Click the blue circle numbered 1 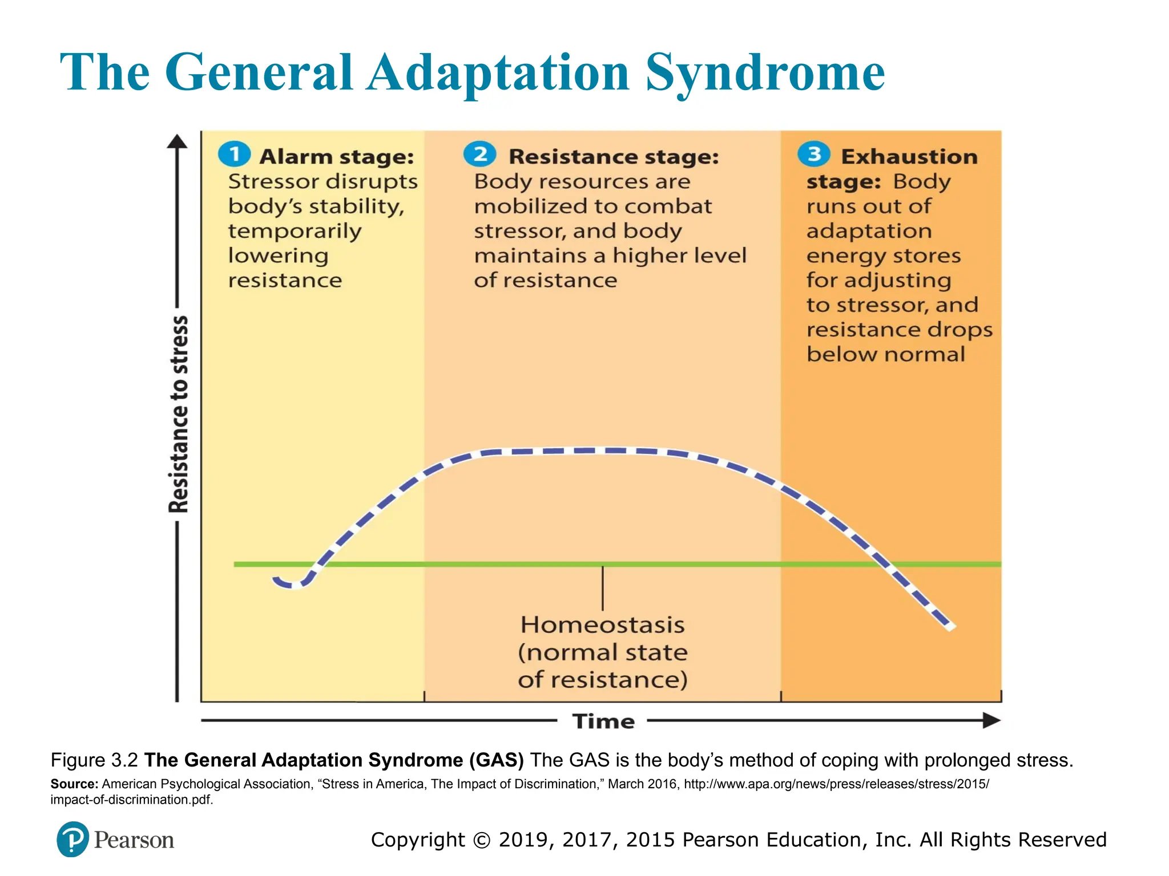[234, 154]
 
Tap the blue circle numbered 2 [479, 154]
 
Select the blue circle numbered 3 [813, 154]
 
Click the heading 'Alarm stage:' [337, 157]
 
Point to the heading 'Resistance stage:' [614, 157]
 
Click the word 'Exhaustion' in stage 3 [909, 157]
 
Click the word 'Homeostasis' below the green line [602, 625]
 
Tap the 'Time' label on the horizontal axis [603, 721]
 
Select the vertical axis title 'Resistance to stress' [179, 415]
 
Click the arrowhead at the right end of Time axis [992, 720]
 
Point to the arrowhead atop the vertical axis [177, 141]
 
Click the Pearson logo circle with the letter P [72, 839]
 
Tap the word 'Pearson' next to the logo [134, 840]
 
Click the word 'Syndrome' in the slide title [765, 73]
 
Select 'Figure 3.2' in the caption [94, 760]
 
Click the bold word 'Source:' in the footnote [74, 784]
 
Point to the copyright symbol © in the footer [482, 840]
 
